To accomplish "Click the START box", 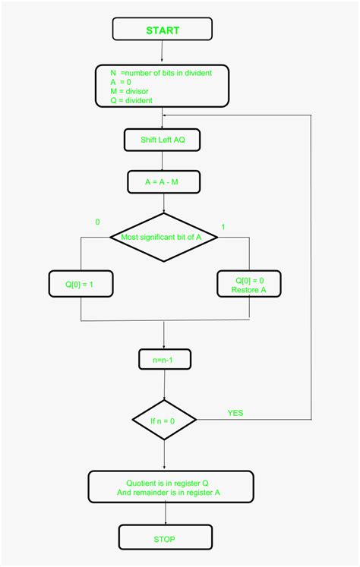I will [x=163, y=30].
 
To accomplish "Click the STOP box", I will [x=164, y=539].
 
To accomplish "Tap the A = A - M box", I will [x=164, y=181].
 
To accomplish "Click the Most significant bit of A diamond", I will [x=164, y=238].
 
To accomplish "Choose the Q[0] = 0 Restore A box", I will [x=250, y=285].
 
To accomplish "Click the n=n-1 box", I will [x=164, y=359].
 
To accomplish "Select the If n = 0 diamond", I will [x=164, y=419].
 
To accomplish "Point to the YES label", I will [x=235, y=413].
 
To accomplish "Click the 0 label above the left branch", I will [x=97, y=222].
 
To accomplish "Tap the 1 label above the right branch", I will [x=223, y=227].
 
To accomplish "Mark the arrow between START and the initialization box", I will [x=163, y=52].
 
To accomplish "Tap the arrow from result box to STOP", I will [x=164, y=514].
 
